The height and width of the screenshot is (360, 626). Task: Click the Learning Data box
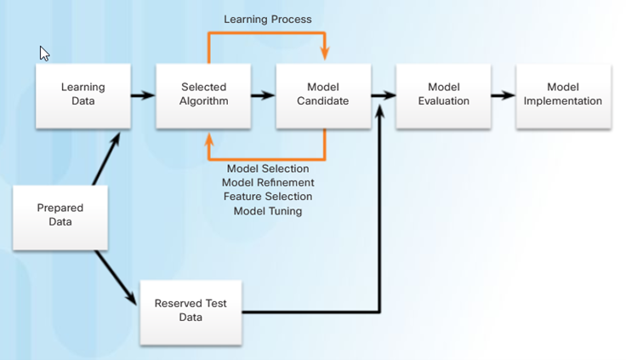point(83,96)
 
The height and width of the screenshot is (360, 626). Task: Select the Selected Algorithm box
point(203,96)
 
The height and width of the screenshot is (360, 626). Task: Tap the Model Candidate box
point(323,96)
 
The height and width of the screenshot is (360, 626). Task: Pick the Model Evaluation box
point(443,96)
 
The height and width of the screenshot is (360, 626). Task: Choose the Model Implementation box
point(563,96)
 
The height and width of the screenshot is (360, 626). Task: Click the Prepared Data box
point(60,217)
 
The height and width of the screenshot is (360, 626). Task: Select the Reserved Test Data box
point(191,312)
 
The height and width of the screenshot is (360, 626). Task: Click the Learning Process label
point(267,20)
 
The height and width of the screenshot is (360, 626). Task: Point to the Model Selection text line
point(268,169)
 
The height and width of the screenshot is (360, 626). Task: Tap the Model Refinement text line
point(268,183)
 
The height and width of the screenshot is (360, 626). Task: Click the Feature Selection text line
point(268,197)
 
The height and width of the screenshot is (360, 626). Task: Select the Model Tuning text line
point(268,211)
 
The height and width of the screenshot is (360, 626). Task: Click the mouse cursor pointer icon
point(44,54)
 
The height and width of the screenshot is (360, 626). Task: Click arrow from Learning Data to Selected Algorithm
point(143,95)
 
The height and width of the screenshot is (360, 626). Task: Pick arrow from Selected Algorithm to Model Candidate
point(263,95)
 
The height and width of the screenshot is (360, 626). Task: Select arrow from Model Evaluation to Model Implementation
point(503,95)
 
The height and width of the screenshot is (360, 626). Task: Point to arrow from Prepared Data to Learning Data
point(106,159)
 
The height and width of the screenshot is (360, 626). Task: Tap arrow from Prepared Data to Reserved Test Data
point(116,277)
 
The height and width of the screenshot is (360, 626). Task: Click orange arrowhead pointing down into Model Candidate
point(325,54)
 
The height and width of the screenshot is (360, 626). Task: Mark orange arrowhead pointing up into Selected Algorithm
point(208,140)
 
